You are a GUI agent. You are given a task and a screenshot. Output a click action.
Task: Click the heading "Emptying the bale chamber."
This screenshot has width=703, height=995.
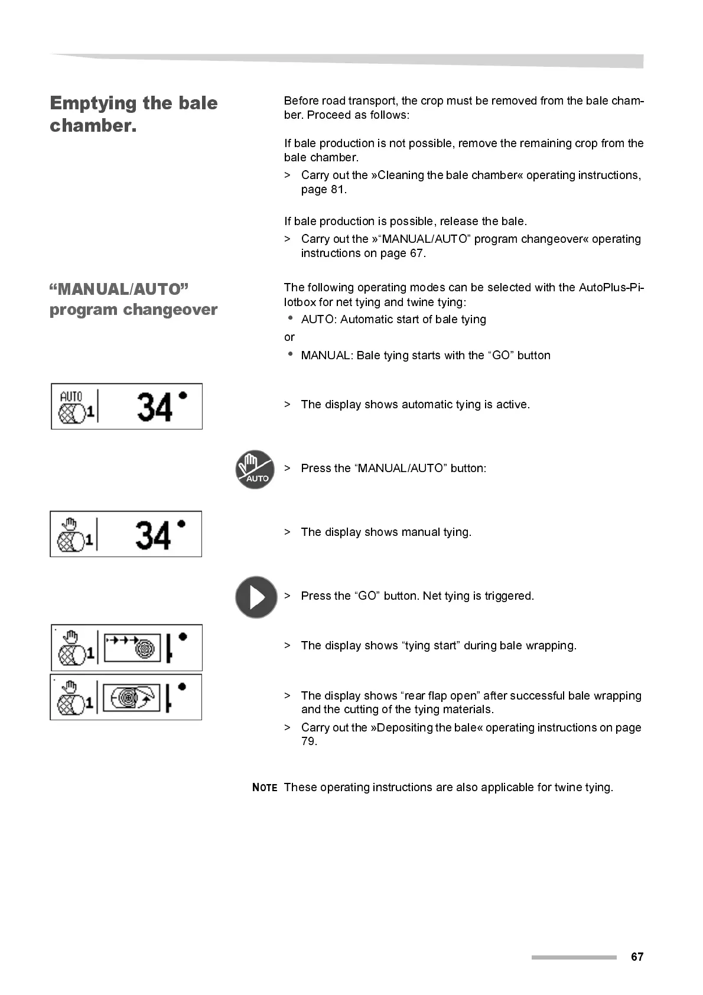(x=134, y=113)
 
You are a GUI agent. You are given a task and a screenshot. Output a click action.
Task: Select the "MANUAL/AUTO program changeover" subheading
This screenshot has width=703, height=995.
(x=134, y=299)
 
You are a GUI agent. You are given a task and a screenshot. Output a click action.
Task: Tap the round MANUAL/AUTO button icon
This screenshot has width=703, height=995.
(x=255, y=469)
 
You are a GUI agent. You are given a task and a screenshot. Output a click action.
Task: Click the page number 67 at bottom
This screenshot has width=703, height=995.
(x=637, y=957)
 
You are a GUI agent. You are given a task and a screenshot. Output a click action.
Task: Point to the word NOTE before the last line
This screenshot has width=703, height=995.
(x=264, y=788)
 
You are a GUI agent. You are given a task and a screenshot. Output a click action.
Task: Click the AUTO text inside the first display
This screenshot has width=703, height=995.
(x=71, y=396)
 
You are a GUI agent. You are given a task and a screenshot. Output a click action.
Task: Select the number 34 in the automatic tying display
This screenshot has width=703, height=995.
(x=155, y=407)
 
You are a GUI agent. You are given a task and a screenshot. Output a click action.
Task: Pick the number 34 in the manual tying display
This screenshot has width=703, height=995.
(x=153, y=535)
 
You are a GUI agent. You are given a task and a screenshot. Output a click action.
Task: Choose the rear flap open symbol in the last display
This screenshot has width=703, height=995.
(x=132, y=697)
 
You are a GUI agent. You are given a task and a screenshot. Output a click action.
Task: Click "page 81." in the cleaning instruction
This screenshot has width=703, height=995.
(x=324, y=190)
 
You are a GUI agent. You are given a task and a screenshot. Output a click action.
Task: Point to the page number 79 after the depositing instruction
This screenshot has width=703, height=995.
(x=309, y=742)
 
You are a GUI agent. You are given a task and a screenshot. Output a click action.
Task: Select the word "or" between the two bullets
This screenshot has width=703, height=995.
(x=289, y=337)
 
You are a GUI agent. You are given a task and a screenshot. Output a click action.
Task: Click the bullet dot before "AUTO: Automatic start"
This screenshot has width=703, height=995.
(x=290, y=318)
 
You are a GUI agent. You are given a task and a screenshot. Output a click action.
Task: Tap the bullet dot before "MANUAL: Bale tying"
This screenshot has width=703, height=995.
(x=290, y=354)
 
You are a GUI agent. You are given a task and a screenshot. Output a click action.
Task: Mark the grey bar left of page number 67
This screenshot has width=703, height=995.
(x=573, y=957)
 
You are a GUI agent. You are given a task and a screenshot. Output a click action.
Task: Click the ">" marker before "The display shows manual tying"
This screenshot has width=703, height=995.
(x=287, y=532)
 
